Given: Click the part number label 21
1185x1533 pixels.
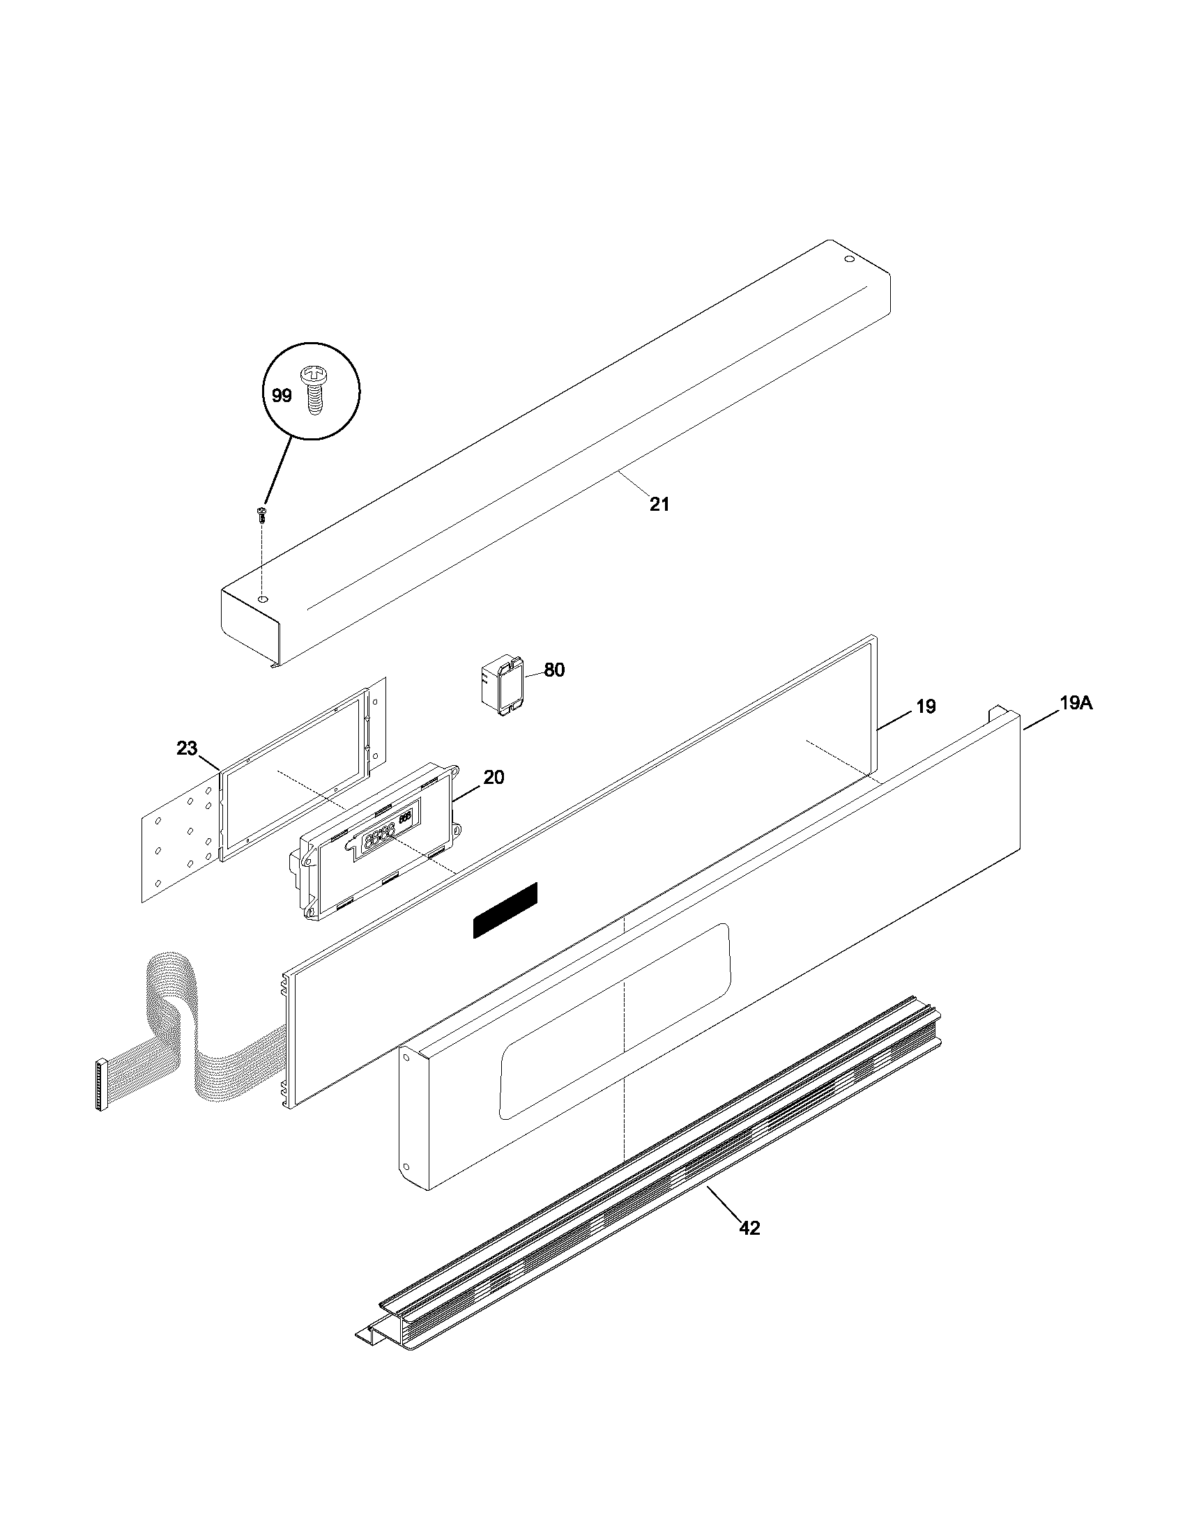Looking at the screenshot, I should click(x=659, y=504).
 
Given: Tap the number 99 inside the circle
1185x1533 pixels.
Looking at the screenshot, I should click(x=282, y=396).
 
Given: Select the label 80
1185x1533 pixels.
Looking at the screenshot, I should click(x=554, y=670).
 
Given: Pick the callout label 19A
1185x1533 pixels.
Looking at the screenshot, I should click(x=1076, y=703).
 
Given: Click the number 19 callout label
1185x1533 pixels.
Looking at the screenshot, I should click(x=926, y=707).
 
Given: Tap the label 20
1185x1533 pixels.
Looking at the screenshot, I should click(x=494, y=778).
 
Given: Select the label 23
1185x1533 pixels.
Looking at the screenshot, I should click(x=187, y=749).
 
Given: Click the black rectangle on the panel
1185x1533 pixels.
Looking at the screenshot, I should click(x=505, y=911).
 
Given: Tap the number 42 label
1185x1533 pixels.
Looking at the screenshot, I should click(x=749, y=1228).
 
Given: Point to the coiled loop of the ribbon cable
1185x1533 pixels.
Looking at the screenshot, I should click(x=169, y=996).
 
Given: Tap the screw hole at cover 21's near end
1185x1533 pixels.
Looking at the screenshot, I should click(x=262, y=599).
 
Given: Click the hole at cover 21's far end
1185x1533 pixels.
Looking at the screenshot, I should click(x=848, y=260).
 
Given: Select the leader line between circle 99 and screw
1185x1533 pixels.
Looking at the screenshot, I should click(x=278, y=470).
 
